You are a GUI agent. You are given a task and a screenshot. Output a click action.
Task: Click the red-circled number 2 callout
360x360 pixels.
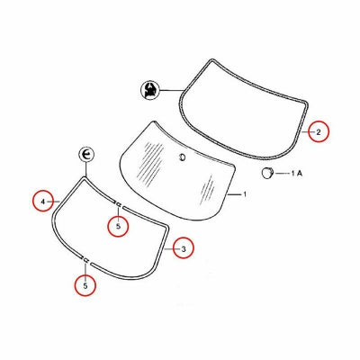319,131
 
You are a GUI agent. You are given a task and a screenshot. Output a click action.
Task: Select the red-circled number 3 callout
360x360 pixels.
184,248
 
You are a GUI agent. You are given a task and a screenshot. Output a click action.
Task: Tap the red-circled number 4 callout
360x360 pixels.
43,202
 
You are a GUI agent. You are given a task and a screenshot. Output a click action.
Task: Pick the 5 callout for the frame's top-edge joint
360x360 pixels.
118,227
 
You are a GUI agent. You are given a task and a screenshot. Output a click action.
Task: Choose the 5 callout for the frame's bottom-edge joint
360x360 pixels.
85,285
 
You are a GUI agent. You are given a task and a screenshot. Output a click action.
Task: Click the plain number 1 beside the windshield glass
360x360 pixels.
245,194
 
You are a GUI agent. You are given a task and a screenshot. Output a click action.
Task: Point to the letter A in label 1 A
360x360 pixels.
299,173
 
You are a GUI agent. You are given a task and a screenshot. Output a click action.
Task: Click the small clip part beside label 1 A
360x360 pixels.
266,173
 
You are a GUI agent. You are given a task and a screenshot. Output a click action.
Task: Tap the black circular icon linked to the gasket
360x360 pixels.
149,90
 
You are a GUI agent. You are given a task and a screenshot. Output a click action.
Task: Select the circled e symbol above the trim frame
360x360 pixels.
86,155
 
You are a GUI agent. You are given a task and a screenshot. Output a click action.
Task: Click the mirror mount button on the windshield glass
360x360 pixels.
182,157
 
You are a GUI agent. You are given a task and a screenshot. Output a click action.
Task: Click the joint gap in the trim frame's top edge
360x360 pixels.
119,204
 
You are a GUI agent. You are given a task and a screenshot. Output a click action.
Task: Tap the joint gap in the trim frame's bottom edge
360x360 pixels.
85,260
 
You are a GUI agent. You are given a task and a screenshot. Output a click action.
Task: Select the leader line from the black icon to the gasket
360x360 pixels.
171,90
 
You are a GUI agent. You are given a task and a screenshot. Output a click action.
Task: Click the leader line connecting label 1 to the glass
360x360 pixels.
234,194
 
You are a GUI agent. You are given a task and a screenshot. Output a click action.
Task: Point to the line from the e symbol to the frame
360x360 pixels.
86,169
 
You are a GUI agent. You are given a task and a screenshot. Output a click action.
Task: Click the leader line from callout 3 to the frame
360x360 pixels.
169,248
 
